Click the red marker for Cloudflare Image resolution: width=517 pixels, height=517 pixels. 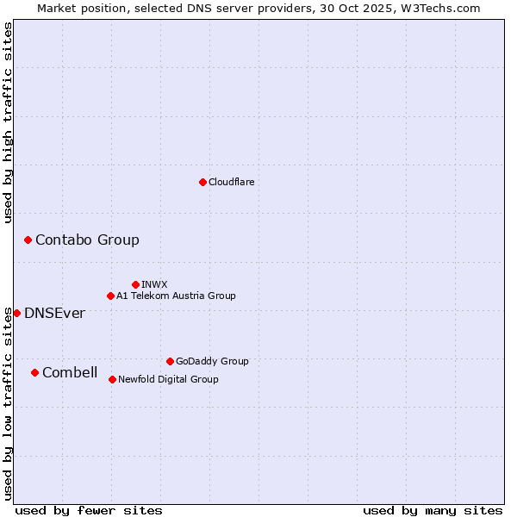tap(202, 182)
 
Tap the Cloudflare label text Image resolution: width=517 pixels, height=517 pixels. tap(231, 182)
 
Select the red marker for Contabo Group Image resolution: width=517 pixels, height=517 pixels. tap(28, 240)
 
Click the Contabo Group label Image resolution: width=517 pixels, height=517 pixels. tap(87, 240)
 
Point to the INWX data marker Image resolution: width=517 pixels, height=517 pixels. tap(135, 284)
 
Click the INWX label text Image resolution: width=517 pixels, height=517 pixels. tap(154, 284)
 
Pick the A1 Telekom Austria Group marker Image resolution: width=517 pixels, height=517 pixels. tap(110, 296)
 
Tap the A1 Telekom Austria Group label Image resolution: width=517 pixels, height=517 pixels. tap(176, 296)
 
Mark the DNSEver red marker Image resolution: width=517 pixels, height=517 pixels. tap(16, 313)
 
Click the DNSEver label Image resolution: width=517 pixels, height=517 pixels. tap(54, 313)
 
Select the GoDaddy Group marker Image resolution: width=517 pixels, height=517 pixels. tap(170, 361)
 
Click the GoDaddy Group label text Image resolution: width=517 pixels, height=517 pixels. tap(212, 361)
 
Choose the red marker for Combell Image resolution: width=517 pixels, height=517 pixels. tap(34, 372)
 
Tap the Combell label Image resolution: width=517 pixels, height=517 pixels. tap(70, 372)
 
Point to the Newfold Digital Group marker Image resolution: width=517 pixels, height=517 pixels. tap(112, 379)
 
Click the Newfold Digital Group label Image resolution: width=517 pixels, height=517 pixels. tap(168, 379)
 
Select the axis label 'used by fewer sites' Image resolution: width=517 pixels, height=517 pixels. tap(89, 510)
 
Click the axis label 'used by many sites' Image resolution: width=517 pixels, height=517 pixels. tap(433, 510)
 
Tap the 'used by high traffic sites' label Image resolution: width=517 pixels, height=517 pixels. tap(8, 122)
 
